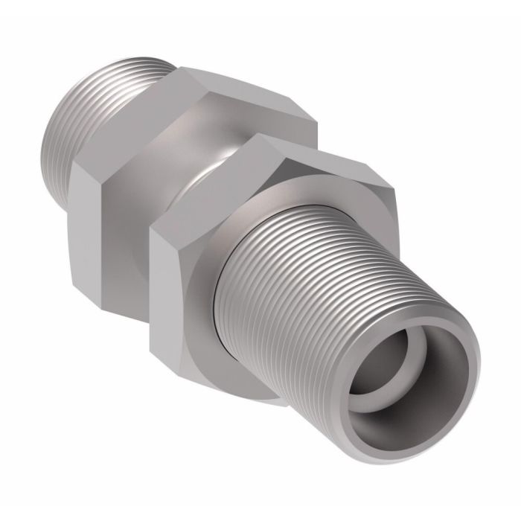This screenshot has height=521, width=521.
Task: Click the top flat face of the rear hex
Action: point(246,93)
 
